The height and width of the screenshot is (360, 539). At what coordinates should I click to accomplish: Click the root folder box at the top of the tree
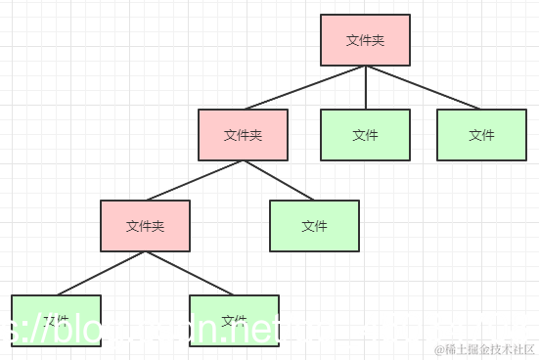click(365, 40)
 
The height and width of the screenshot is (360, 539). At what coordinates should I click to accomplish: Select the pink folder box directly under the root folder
click(243, 134)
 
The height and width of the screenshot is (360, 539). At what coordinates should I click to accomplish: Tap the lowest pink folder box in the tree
click(145, 226)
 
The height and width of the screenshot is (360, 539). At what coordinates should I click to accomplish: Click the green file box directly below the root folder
click(365, 134)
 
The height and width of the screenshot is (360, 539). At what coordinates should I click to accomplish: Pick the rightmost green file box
click(480, 134)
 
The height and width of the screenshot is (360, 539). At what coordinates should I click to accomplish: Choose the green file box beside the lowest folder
click(314, 226)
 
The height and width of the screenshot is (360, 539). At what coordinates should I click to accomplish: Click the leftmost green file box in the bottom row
click(56, 320)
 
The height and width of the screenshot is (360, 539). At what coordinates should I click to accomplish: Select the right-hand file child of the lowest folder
click(234, 320)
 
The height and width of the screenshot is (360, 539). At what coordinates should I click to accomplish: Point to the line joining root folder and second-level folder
click(303, 87)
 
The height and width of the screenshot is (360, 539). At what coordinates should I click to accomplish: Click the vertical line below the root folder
click(365, 87)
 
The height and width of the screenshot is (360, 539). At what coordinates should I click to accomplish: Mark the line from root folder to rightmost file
click(423, 87)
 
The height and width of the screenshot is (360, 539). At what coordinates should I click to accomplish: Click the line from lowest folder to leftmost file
click(101, 273)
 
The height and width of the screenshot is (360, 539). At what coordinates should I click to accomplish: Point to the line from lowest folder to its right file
click(190, 273)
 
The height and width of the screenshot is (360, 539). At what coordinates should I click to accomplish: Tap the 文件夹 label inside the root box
click(365, 40)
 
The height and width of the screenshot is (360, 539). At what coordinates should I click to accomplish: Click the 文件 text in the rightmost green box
click(480, 135)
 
